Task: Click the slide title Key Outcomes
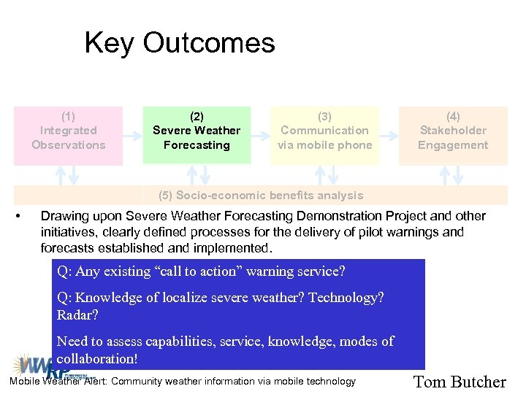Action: pyautogui.click(x=180, y=43)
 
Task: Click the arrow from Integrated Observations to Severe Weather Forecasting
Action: pyautogui.click(x=132, y=135)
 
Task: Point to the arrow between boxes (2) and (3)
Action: pyautogui.click(x=260, y=135)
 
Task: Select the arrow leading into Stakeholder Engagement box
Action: pyautogui.click(x=389, y=135)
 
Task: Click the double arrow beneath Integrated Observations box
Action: pyautogui.click(x=68, y=175)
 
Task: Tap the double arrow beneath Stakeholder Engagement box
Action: pyautogui.click(x=453, y=175)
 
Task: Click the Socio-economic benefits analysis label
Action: pyautogui.click(x=261, y=196)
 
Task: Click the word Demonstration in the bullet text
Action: pyautogui.click(x=335, y=216)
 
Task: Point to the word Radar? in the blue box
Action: pyautogui.click(x=77, y=315)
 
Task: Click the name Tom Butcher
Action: pyautogui.click(x=460, y=382)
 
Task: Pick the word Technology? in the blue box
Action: pyautogui.click(x=348, y=298)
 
